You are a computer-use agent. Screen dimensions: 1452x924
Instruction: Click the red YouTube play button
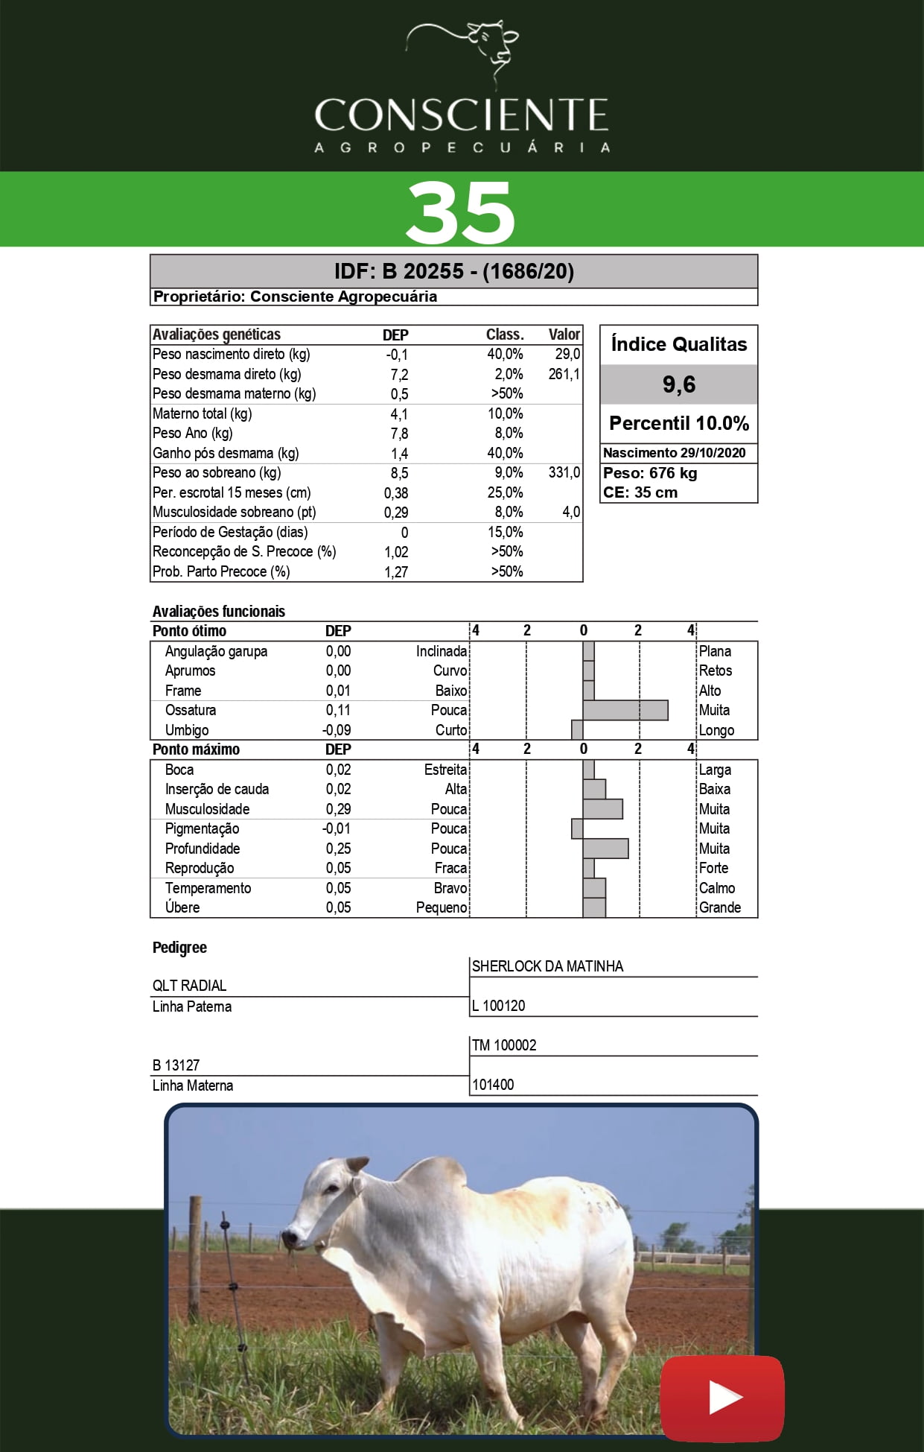(x=721, y=1398)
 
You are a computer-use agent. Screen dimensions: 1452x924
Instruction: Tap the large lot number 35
(x=460, y=213)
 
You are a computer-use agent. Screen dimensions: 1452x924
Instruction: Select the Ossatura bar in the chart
(x=625, y=710)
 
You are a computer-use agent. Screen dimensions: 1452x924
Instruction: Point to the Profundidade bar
(x=605, y=849)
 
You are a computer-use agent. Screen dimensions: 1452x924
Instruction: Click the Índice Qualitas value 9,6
(x=679, y=384)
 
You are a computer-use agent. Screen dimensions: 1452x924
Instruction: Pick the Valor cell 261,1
(x=564, y=374)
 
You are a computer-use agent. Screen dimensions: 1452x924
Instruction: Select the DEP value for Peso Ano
(x=399, y=434)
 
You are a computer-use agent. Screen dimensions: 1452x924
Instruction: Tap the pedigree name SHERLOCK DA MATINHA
(x=547, y=966)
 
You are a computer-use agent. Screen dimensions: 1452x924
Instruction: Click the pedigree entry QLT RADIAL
(x=189, y=986)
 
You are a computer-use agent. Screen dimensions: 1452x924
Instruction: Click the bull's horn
(x=357, y=1164)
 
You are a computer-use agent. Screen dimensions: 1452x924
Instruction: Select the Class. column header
(x=505, y=335)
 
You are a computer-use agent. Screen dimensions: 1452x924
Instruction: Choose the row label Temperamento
(x=208, y=888)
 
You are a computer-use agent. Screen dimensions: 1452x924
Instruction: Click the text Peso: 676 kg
(x=650, y=473)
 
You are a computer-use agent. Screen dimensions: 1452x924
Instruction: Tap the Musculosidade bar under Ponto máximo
(x=602, y=809)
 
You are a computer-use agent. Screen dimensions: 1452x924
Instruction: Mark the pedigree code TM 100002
(x=504, y=1045)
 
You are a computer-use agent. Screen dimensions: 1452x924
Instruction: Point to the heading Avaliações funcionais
(x=219, y=612)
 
